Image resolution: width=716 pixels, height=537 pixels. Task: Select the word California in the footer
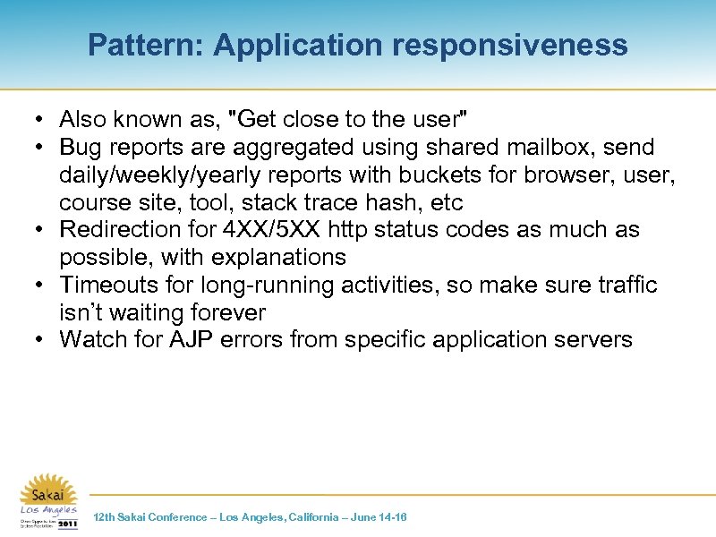[309, 517]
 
